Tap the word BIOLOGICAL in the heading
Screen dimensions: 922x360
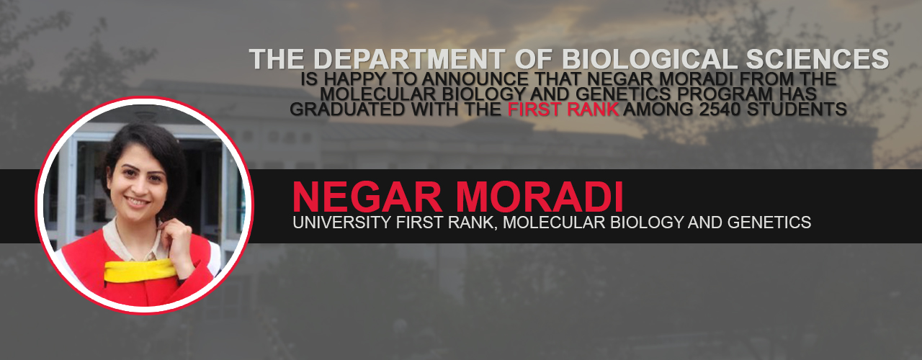point(650,59)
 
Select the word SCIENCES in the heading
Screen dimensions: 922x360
point(818,59)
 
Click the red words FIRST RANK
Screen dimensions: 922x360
point(563,109)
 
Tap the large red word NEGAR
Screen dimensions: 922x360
point(367,197)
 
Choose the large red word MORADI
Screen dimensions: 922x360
point(540,197)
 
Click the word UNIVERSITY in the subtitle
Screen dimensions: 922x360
point(341,222)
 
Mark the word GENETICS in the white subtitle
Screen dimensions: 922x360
point(769,222)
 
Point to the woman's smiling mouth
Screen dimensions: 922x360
point(137,202)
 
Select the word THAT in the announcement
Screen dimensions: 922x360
point(558,79)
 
